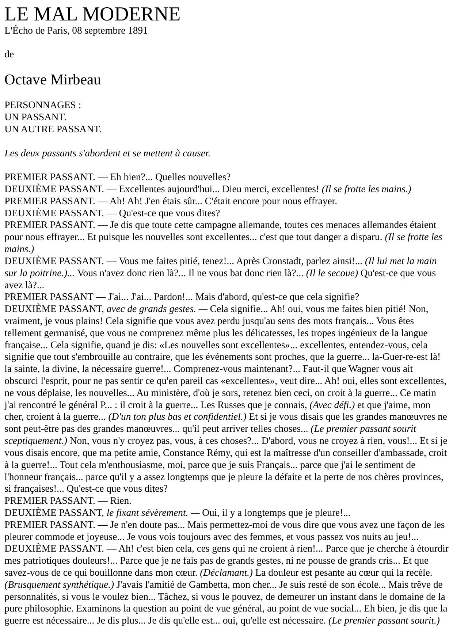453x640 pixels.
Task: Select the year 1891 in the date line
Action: (x=138, y=31)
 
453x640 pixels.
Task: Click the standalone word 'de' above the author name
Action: (x=9, y=54)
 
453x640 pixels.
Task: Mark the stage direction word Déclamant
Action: (x=226, y=573)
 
